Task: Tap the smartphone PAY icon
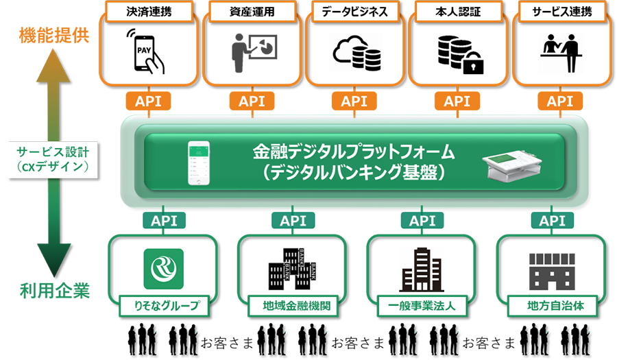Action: pos(146,52)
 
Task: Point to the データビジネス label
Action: pos(354,12)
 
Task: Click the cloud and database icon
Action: pos(355,53)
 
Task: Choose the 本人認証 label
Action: pos(457,12)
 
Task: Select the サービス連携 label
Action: pos(560,12)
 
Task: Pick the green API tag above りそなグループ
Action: pos(163,221)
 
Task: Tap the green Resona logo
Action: pos(163,268)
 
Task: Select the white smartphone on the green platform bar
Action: pos(198,163)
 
